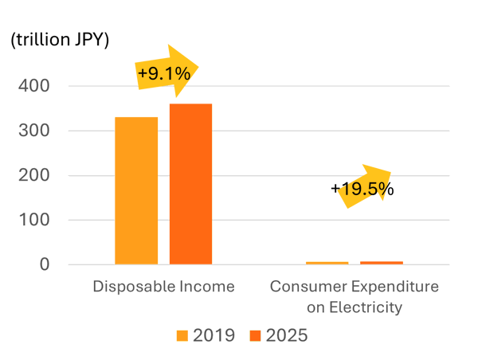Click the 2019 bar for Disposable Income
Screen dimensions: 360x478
pos(136,190)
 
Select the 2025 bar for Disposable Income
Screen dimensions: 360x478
pos(190,184)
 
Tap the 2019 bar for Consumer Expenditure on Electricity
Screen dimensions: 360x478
pos(327,263)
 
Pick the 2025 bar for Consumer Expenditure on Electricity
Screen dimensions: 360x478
pos(382,262)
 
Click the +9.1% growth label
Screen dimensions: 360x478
pos(163,74)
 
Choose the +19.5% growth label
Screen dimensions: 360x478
pos(362,190)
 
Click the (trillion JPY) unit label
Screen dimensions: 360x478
pos(60,41)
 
